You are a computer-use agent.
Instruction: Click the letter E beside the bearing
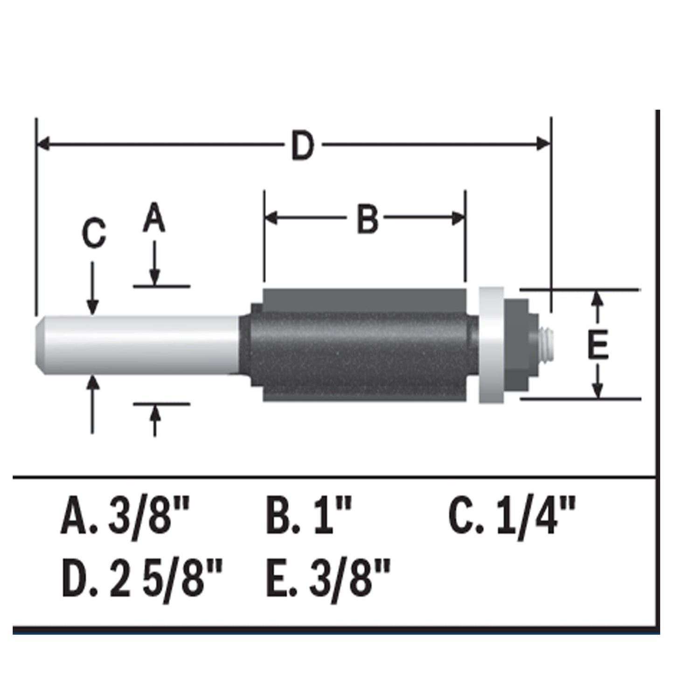[598, 345]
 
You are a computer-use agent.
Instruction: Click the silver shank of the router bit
[140, 344]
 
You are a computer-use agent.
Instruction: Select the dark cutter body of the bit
[359, 345]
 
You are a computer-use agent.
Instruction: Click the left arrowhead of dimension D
[43, 144]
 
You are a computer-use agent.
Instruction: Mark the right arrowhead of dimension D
[544, 144]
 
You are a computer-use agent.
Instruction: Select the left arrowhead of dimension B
[271, 218]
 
